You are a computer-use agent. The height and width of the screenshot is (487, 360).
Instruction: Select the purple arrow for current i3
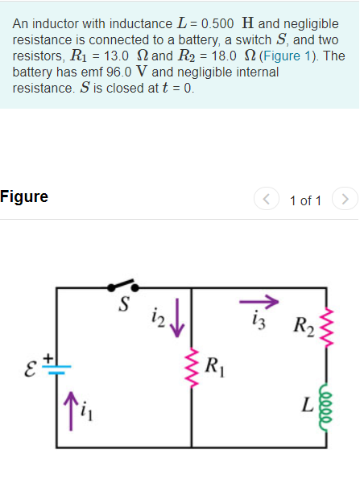coord(259,302)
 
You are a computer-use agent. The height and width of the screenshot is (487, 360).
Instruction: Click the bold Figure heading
coord(24,196)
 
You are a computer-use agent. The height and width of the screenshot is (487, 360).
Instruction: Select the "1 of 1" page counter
coord(305,199)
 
